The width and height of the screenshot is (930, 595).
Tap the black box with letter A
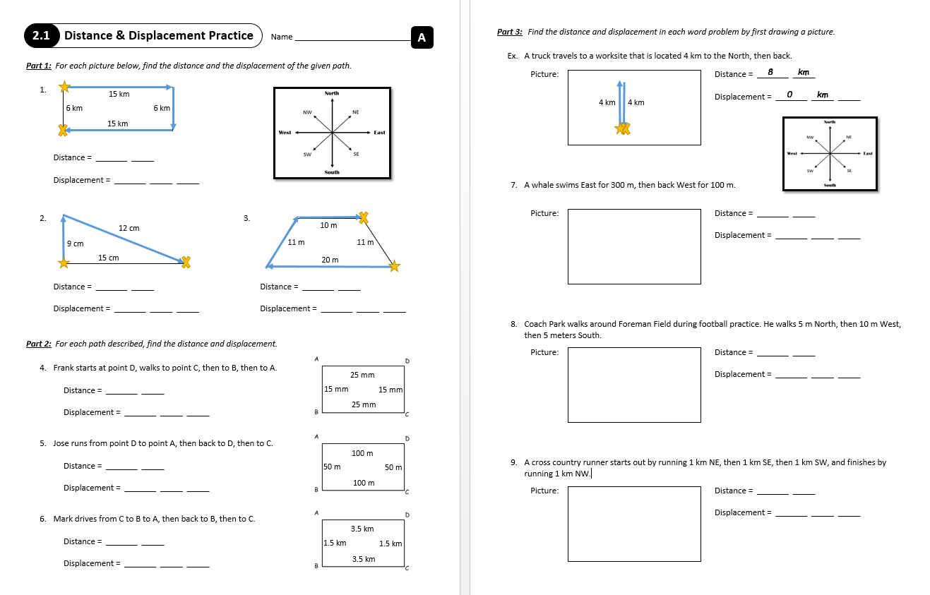click(422, 38)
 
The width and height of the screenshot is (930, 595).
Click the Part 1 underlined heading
click(38, 66)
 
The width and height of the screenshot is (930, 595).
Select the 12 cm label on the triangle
click(129, 228)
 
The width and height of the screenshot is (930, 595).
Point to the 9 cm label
click(75, 244)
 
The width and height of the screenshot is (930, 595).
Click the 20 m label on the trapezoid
click(330, 260)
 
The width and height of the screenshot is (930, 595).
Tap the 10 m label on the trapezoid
click(328, 225)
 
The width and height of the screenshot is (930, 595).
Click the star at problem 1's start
click(64, 87)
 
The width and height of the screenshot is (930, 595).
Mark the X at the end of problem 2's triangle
click(186, 263)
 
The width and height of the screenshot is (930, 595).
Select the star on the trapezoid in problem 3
click(395, 266)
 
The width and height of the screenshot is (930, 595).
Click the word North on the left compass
click(332, 93)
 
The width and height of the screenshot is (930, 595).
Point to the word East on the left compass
click(379, 133)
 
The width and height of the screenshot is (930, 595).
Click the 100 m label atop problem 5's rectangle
click(363, 453)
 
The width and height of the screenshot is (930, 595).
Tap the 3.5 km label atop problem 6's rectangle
click(362, 529)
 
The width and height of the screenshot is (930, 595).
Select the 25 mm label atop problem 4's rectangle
click(362, 375)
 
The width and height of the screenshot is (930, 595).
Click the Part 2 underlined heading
click(38, 344)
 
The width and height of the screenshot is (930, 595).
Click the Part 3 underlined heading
click(509, 32)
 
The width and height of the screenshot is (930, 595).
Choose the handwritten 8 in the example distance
click(770, 72)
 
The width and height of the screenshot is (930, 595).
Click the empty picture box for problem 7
click(634, 246)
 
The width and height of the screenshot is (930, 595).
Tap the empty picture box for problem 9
click(634, 524)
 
